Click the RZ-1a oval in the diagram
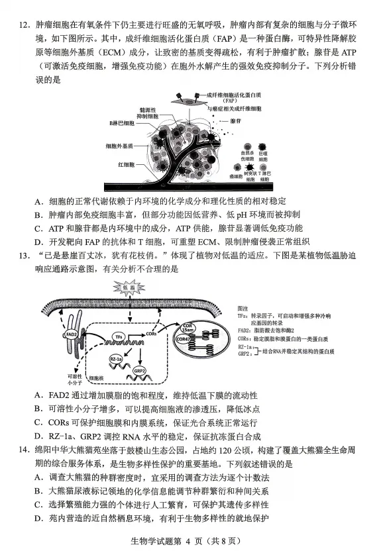click(x=115, y=358)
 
